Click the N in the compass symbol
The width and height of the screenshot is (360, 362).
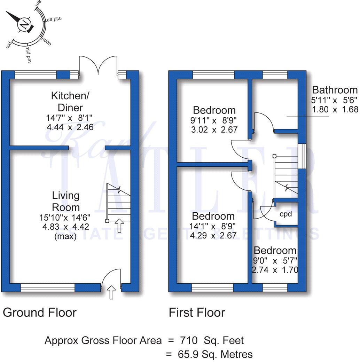click(24, 25)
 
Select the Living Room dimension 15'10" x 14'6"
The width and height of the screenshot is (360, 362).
click(65, 218)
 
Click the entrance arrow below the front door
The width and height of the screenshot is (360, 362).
click(111, 293)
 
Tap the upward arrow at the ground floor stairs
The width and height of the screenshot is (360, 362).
click(119, 225)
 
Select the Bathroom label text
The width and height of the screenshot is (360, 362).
click(335, 90)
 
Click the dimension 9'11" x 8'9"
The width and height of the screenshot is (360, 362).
click(214, 120)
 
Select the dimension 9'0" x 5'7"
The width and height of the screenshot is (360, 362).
click(275, 260)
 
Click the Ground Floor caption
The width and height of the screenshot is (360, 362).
click(39, 312)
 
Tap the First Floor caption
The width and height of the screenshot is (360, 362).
click(197, 312)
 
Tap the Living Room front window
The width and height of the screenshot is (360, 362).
click(48, 287)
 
